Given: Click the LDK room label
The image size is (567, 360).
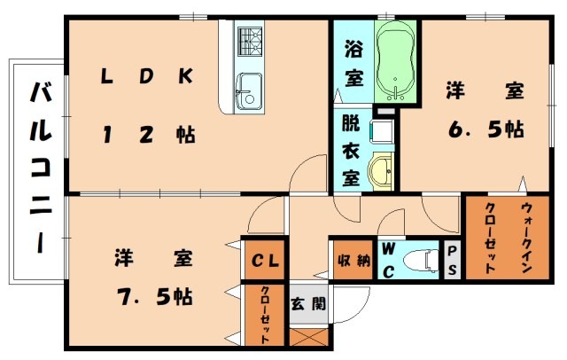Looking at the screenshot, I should [x=145, y=77].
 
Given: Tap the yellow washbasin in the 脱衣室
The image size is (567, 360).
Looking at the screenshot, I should [x=383, y=168].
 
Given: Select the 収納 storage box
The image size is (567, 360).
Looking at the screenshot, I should [x=352, y=260].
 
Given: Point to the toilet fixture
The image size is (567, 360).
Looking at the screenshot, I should [x=419, y=260].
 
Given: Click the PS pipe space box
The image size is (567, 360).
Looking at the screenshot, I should [x=451, y=260].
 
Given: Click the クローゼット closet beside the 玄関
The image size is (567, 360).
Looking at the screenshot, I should [x=264, y=313].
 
